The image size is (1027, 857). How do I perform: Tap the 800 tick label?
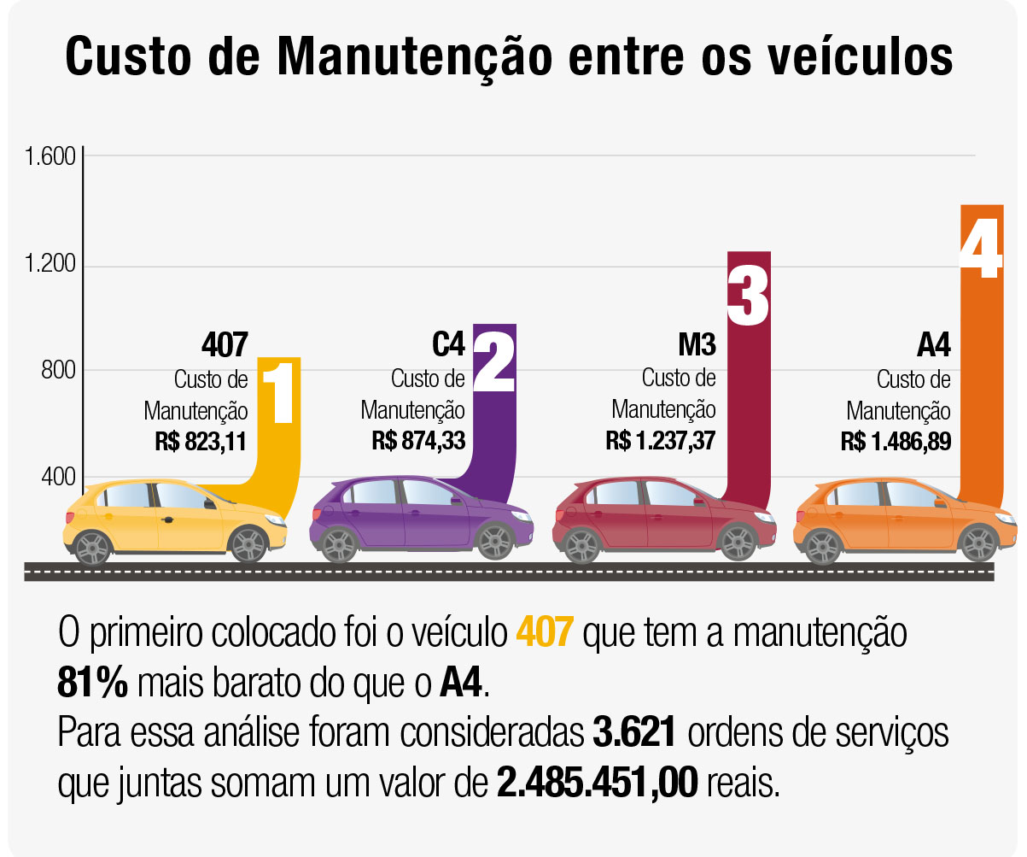point(58,371)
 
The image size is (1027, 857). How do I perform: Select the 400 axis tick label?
point(58,477)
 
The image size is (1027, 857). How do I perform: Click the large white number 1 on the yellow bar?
point(278,394)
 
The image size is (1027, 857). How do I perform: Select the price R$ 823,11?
point(201,441)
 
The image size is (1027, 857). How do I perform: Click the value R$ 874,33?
point(418,441)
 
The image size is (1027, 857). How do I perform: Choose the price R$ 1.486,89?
point(896,441)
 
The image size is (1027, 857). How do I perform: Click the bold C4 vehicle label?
point(448,345)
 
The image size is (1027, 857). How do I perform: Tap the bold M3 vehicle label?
point(697,345)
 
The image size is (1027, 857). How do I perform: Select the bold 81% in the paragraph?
point(92,683)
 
